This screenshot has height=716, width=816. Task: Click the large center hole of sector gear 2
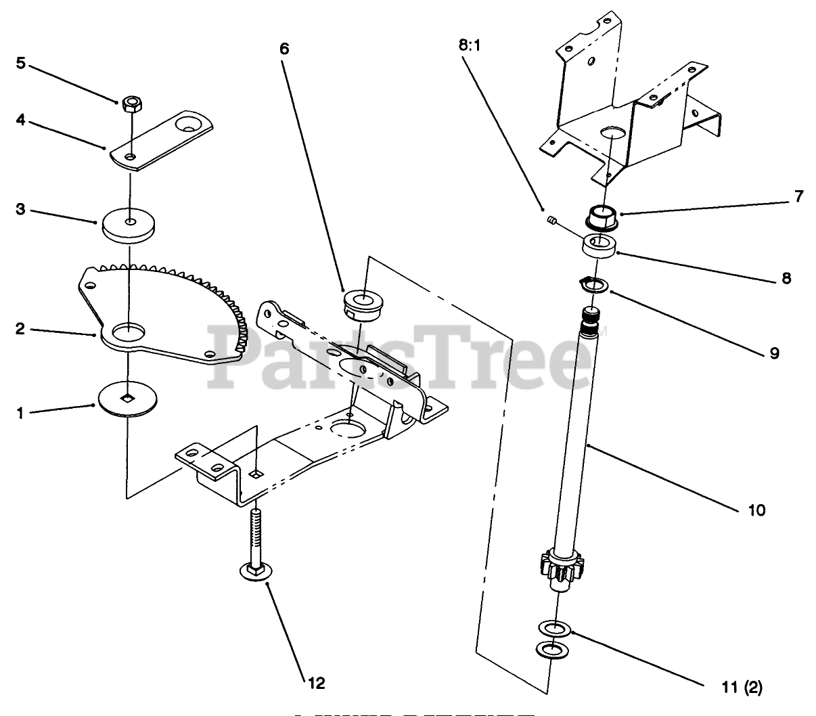point(127,332)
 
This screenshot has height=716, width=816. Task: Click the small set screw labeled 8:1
point(551,219)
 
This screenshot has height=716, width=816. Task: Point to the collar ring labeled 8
point(599,246)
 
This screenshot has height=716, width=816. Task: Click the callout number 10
point(756,510)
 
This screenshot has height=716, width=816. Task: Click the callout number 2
point(20,330)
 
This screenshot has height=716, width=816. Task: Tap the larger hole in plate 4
point(191,125)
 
